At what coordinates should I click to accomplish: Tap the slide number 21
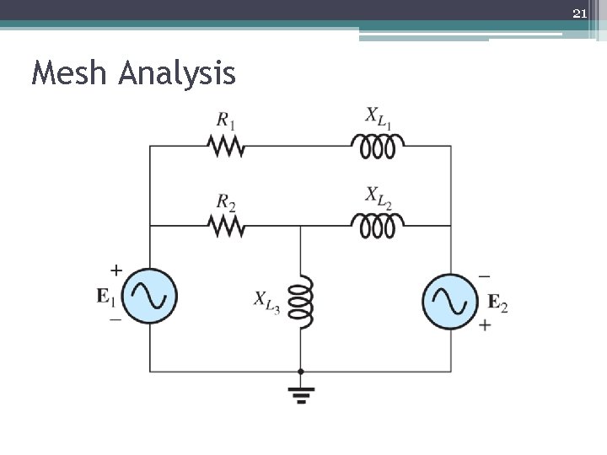(578, 13)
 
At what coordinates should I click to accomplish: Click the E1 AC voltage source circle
(151, 297)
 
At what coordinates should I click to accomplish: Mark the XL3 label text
(267, 300)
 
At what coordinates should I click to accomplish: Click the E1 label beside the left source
(107, 297)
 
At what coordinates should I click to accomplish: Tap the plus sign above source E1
(116, 271)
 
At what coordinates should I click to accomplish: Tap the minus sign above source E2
(484, 276)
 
